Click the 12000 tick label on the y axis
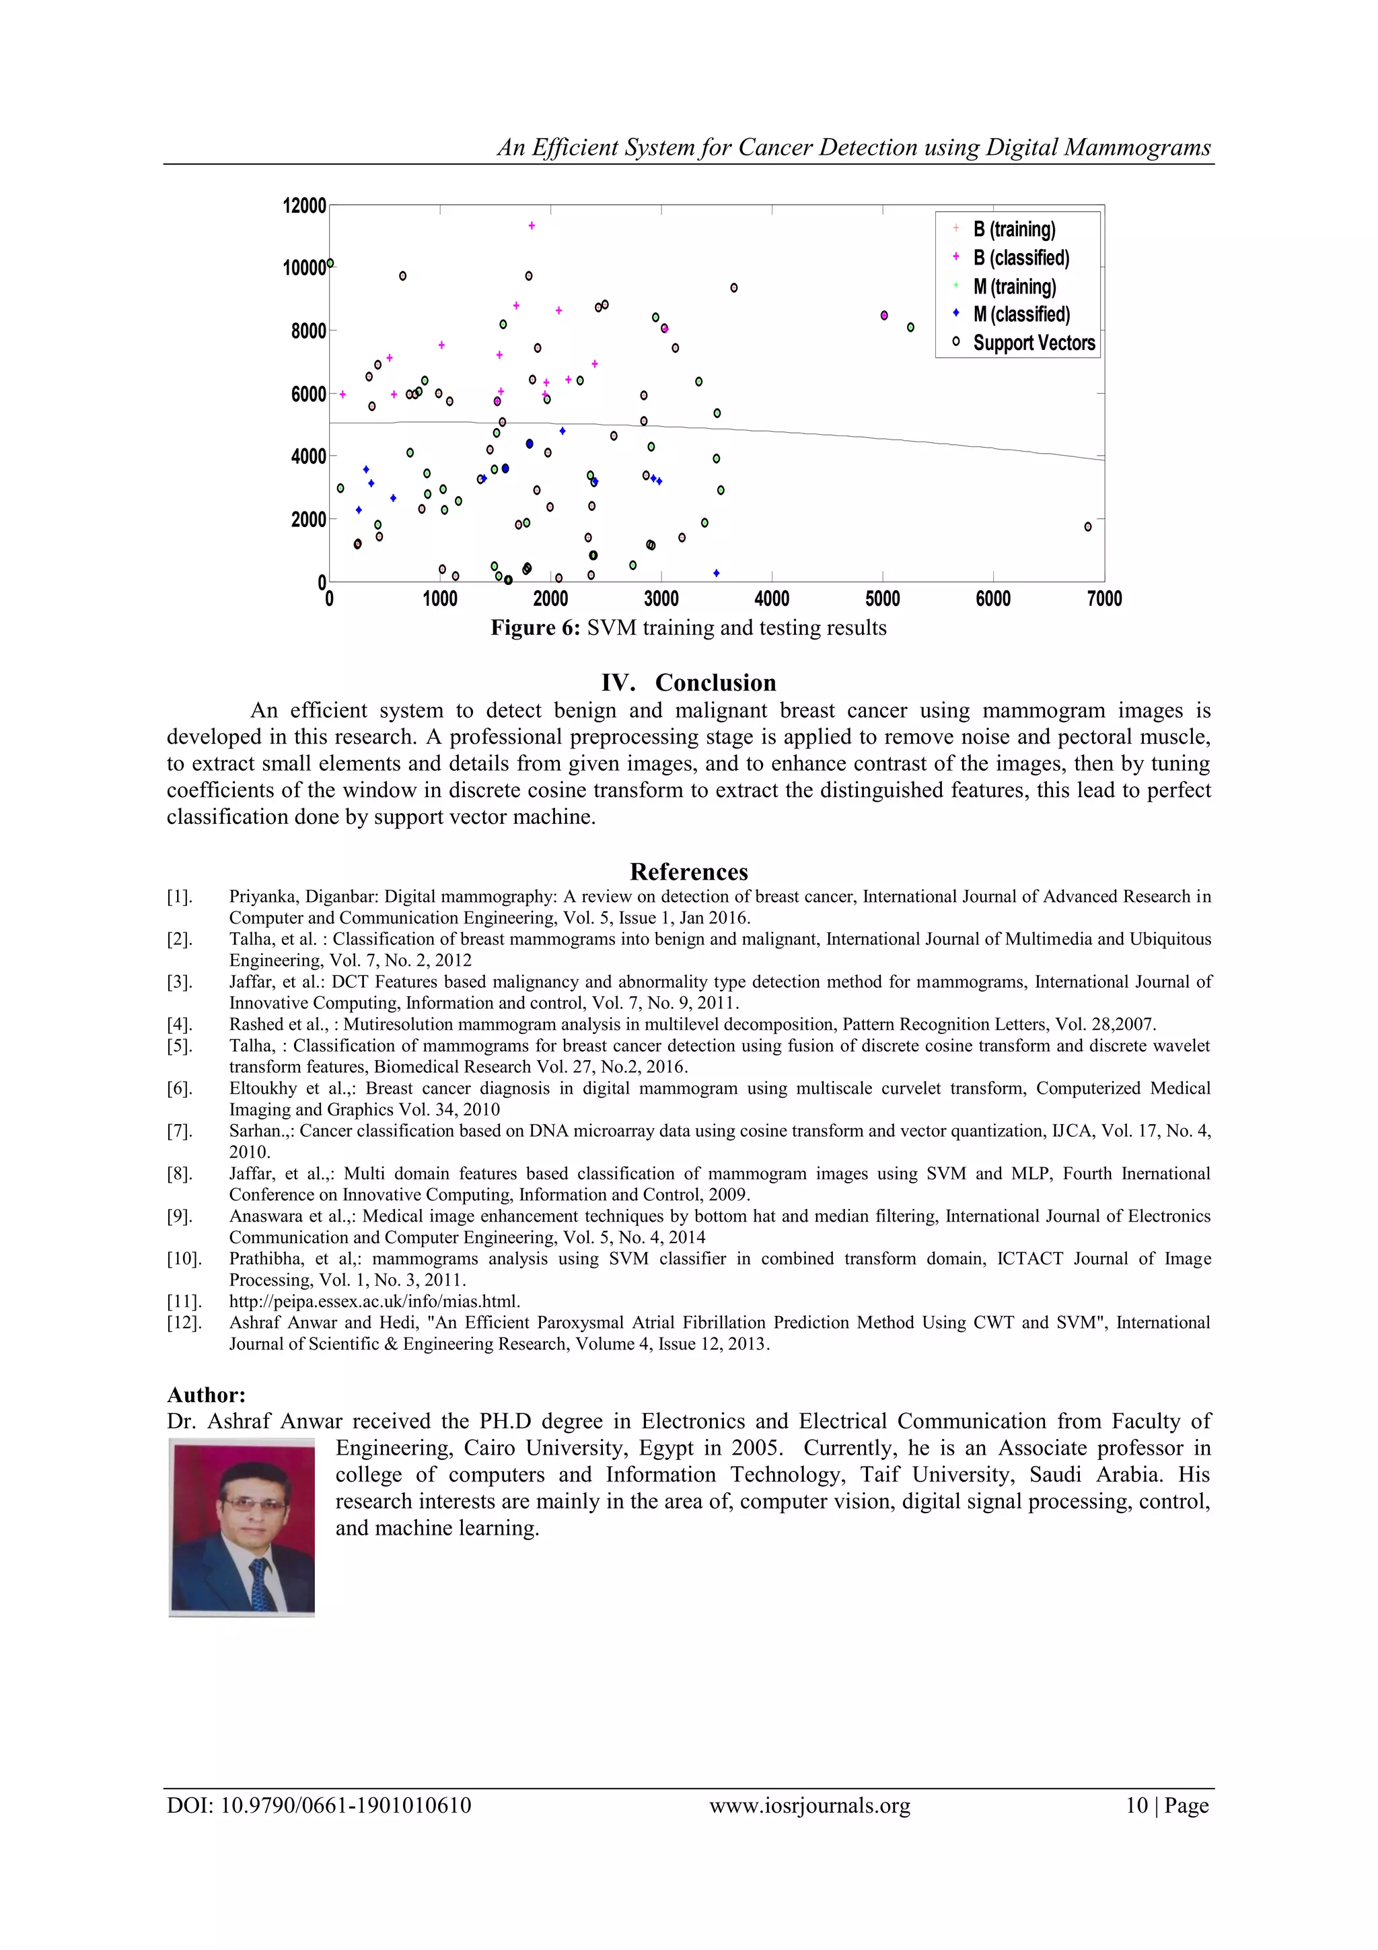(304, 205)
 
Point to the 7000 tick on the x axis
(1103, 599)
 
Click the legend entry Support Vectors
(1033, 343)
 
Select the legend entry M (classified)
(1021, 314)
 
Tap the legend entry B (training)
(1014, 230)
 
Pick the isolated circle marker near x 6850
(1087, 526)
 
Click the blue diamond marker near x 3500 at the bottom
(716, 573)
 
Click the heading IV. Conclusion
(688, 683)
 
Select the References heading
(688, 872)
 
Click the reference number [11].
(184, 1301)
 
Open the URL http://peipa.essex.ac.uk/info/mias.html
(374, 1301)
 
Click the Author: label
(207, 1395)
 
